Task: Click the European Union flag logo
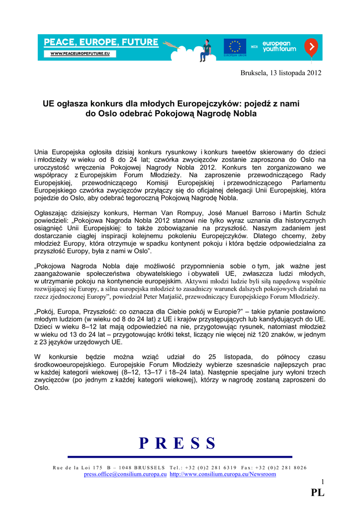[234, 47]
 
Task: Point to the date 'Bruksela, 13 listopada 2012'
[281, 73]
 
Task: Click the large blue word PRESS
[177, 443]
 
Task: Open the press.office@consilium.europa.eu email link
[125, 474]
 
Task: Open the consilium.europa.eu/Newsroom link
[223, 474]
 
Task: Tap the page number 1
[322, 481]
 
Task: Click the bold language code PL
[317, 493]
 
